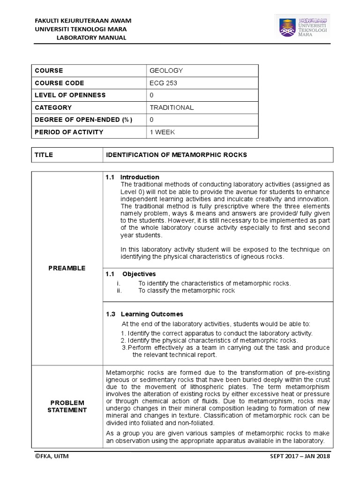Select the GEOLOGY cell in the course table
(166, 71)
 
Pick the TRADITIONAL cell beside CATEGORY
(172, 107)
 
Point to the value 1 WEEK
(162, 132)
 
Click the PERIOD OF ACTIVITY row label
(69, 132)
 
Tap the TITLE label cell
(44, 155)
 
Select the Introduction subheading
(140, 177)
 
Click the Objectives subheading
(139, 274)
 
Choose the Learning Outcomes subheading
(152, 314)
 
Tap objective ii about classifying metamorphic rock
(186, 291)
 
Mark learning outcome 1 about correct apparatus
(216, 333)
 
